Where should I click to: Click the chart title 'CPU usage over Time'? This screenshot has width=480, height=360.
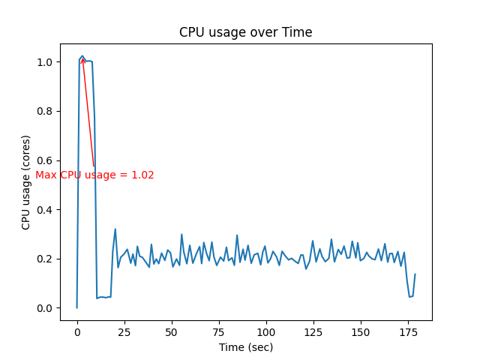pyautogui.click(x=245, y=32)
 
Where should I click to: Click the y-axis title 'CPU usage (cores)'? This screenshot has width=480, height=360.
pyautogui.click(x=26, y=182)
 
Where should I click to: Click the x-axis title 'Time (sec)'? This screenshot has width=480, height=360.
pyautogui.click(x=246, y=347)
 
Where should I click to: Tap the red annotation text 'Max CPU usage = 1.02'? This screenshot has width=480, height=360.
pyautogui.click(x=94, y=175)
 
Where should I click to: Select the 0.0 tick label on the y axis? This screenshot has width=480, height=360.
pyautogui.click(x=44, y=308)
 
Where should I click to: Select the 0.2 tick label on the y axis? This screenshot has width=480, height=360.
pyautogui.click(x=44, y=259)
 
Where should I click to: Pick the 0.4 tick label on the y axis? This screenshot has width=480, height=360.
pyautogui.click(x=44, y=209)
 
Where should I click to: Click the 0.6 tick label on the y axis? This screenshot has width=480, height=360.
pyautogui.click(x=44, y=160)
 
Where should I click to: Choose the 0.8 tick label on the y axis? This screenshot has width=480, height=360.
pyautogui.click(x=44, y=111)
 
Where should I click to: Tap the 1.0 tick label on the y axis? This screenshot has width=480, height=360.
pyautogui.click(x=44, y=62)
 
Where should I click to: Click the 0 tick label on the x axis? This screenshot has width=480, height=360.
pyautogui.click(x=77, y=331)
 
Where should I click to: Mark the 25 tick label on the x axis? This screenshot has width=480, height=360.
pyautogui.click(x=124, y=331)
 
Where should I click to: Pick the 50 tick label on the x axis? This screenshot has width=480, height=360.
pyautogui.click(x=172, y=331)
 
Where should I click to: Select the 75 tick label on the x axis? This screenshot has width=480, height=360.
pyautogui.click(x=219, y=331)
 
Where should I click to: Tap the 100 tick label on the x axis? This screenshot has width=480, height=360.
pyautogui.click(x=266, y=331)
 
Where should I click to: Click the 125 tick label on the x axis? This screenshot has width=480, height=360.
pyautogui.click(x=313, y=331)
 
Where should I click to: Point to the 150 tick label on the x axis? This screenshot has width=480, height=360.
pyautogui.click(x=361, y=331)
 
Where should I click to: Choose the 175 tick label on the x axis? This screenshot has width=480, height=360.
pyautogui.click(x=408, y=331)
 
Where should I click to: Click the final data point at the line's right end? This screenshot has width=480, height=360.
pyautogui.click(x=415, y=274)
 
